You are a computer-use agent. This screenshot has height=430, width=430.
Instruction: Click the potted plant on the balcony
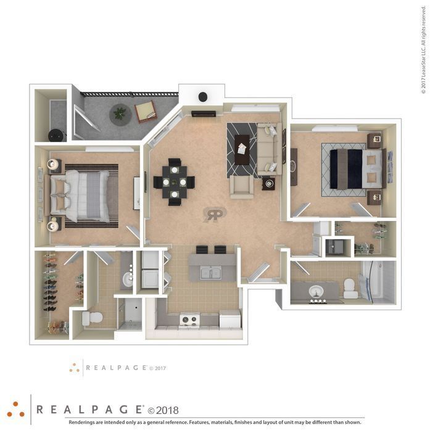120,114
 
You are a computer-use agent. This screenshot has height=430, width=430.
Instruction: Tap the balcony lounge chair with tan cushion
146,112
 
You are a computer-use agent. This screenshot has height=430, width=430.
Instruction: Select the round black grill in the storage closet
57,135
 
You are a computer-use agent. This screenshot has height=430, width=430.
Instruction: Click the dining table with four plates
175,182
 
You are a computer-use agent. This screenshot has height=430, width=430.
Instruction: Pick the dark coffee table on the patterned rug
242,150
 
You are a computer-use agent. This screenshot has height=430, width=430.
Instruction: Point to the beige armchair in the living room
242,186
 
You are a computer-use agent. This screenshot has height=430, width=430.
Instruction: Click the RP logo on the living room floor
215,215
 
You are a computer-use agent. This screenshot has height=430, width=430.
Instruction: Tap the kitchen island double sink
210,273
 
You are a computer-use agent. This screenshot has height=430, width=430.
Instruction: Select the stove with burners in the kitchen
189,320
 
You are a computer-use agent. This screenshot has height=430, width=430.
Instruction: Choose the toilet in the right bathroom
351,289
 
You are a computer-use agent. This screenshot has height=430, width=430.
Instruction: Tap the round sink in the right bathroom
316,292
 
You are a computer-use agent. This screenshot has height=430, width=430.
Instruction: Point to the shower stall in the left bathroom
130,313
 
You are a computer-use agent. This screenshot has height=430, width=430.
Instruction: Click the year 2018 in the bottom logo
167,410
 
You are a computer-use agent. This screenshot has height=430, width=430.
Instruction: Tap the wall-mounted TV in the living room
204,114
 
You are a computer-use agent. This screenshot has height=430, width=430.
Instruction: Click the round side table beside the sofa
268,183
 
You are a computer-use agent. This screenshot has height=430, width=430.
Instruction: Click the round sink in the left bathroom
128,279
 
